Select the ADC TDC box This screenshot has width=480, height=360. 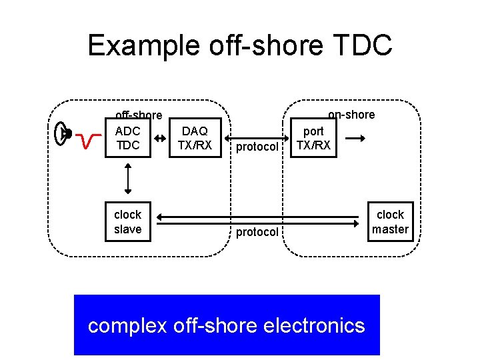127,138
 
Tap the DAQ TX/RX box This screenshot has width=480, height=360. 195,138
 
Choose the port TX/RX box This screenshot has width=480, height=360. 313,138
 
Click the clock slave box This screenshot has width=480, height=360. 127,222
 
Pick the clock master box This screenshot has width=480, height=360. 390,222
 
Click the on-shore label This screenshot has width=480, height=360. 351,115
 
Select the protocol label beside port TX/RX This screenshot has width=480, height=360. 257,147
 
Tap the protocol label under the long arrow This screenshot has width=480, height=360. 257,232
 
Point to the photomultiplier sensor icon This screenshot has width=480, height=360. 63,133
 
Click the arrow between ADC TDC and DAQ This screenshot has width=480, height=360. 161,138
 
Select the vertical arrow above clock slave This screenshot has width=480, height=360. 127,179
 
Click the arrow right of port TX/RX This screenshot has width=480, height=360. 356,138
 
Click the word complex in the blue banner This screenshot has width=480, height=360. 128,325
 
